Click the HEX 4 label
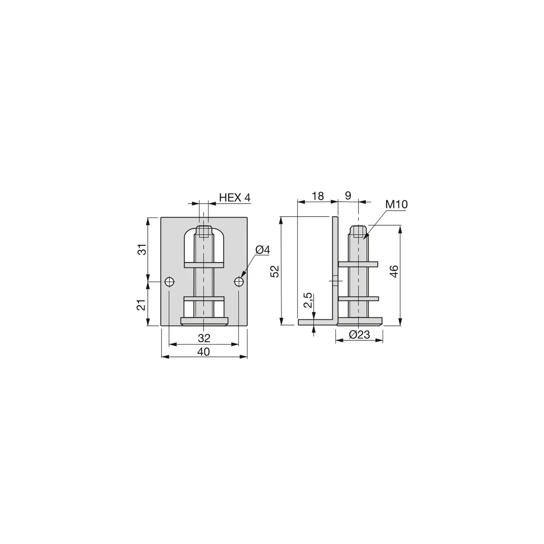pyautogui.click(x=234, y=197)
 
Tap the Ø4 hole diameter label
pyautogui.click(x=262, y=250)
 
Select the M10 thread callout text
pyautogui.click(x=397, y=204)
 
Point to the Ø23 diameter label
pyautogui.click(x=359, y=335)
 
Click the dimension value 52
pyautogui.click(x=275, y=271)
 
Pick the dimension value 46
pyautogui.click(x=394, y=271)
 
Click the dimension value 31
pyautogui.click(x=143, y=249)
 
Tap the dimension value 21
pyautogui.click(x=142, y=305)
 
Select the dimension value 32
pyautogui.click(x=204, y=338)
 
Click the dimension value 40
pyautogui.click(x=204, y=352)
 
